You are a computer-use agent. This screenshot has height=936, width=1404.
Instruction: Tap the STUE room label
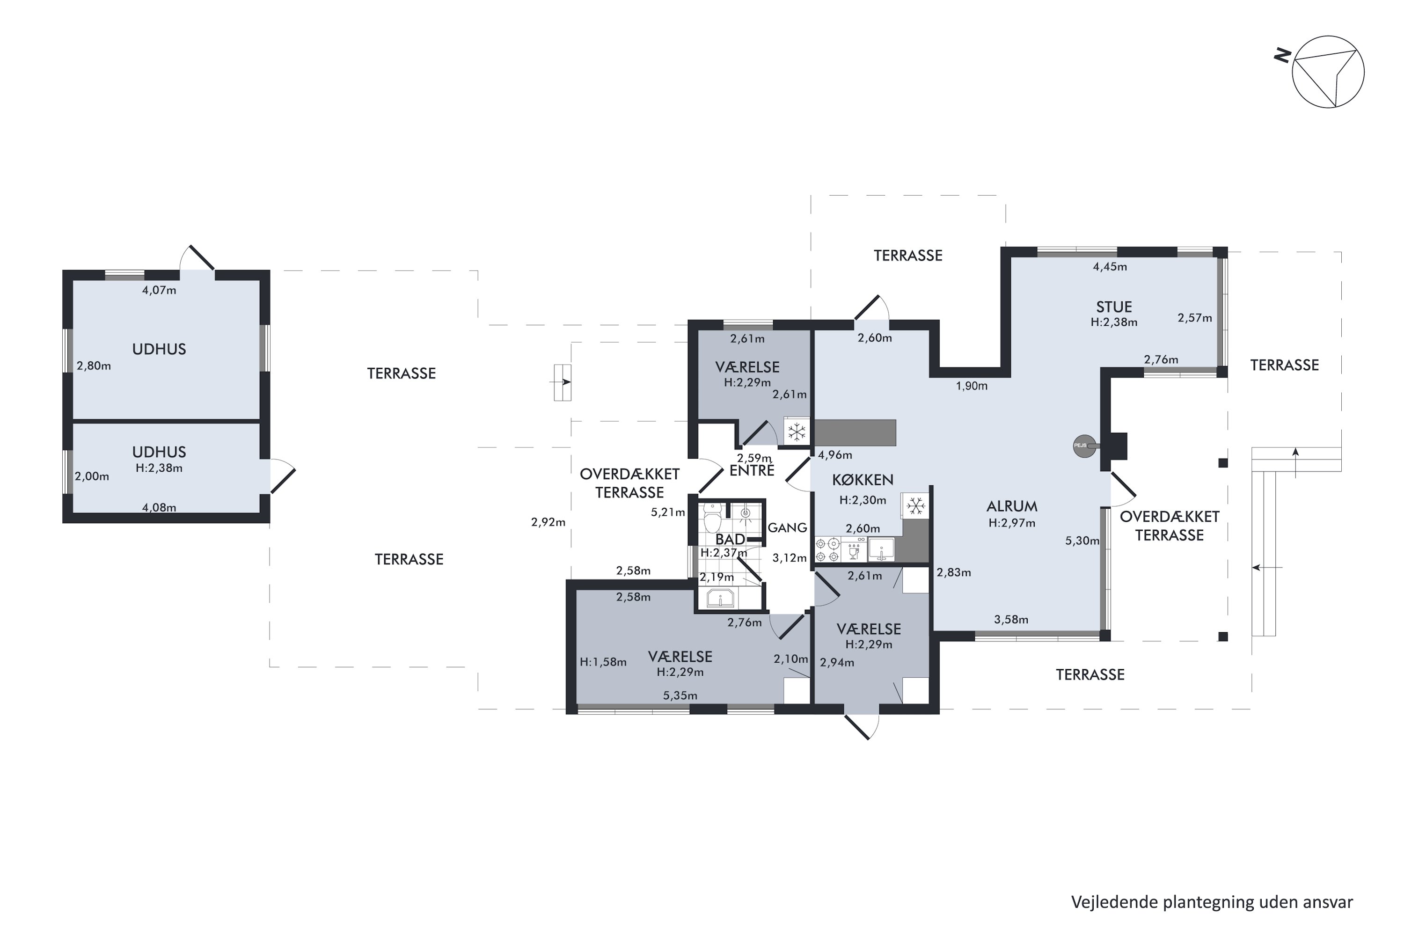click(x=1114, y=307)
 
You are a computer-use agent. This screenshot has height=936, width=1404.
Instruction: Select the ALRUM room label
click(x=1012, y=506)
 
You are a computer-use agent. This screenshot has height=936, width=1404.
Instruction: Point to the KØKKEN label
click(x=863, y=480)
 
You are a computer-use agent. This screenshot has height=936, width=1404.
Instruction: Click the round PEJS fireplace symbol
click(x=1084, y=446)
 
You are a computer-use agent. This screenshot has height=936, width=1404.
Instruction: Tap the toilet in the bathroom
click(x=712, y=518)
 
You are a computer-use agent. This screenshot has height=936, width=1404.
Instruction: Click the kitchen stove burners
click(x=827, y=550)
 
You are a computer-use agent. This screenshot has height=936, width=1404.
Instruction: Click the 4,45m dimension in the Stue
click(x=1110, y=267)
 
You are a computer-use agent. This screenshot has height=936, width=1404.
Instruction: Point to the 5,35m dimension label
click(x=680, y=695)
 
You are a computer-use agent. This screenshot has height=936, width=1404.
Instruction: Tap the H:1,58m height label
click(x=603, y=662)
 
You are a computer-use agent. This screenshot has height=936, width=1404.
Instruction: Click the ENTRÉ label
click(x=752, y=470)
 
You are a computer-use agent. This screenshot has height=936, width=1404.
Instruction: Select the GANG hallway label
click(x=787, y=528)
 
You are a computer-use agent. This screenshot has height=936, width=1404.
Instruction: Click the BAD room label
click(x=730, y=539)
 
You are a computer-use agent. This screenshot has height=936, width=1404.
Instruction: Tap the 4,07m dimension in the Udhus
click(x=159, y=291)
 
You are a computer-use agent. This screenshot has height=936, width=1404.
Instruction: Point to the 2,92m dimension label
click(x=548, y=522)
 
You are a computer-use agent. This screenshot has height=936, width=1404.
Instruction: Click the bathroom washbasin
click(x=721, y=598)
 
